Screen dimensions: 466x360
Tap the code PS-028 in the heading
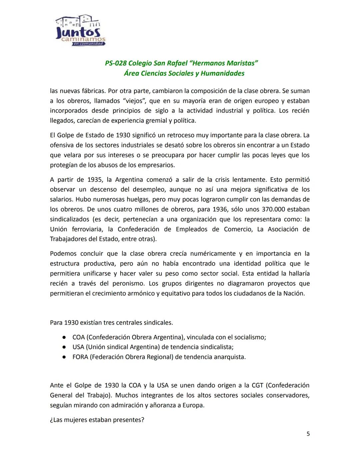(116, 63)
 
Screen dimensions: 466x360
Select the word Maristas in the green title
(241, 63)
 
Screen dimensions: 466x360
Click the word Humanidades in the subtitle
(222, 73)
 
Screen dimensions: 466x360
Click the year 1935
(95, 179)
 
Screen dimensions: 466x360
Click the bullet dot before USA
(63, 347)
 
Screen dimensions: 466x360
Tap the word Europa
(193, 405)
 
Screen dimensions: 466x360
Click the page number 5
(308, 434)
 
